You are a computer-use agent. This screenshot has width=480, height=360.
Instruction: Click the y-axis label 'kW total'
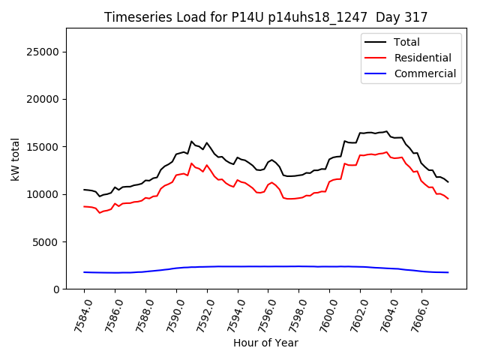coord(15,159)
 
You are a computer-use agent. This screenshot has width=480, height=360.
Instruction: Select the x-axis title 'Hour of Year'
coord(265,343)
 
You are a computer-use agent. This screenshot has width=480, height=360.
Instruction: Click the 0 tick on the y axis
coord(58,289)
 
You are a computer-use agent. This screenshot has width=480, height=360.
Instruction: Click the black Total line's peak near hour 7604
coord(387,132)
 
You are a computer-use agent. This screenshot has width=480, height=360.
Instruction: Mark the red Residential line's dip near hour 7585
coord(100,213)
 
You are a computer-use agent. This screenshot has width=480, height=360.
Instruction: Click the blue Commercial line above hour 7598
coord(298,266)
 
